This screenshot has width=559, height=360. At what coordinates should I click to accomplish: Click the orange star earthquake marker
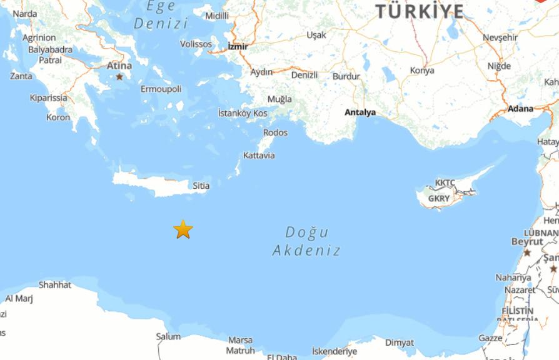point(183,229)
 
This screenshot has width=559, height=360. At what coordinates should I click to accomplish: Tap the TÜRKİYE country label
point(420,11)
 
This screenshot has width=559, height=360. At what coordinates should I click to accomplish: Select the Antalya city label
point(360,112)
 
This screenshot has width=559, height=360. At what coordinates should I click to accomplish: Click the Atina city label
point(119,66)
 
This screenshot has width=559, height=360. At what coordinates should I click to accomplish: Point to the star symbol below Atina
point(119,77)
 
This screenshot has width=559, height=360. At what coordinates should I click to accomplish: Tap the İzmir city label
point(238,46)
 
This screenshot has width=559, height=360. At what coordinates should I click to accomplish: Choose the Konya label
point(422,71)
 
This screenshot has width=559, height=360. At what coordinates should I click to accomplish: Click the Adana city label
point(521,109)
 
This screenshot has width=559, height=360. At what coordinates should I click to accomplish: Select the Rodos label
point(275,132)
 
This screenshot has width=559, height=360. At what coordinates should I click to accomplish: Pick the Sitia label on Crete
point(201,186)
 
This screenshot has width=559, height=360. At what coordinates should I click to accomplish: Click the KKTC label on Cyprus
point(445,183)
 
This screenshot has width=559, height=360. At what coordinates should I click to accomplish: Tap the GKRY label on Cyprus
point(439,199)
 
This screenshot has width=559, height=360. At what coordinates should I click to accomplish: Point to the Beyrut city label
point(527,241)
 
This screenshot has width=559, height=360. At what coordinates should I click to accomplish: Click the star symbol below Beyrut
point(527,252)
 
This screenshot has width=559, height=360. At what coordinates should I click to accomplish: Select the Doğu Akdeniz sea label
point(307,241)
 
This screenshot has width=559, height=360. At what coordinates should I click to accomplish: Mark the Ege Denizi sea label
point(161,15)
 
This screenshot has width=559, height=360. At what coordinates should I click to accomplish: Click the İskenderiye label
point(335,351)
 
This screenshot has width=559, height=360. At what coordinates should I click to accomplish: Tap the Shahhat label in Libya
point(55,285)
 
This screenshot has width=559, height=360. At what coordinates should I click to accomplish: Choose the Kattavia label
point(259,156)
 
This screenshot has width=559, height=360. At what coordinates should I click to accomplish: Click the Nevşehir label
point(500,37)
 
